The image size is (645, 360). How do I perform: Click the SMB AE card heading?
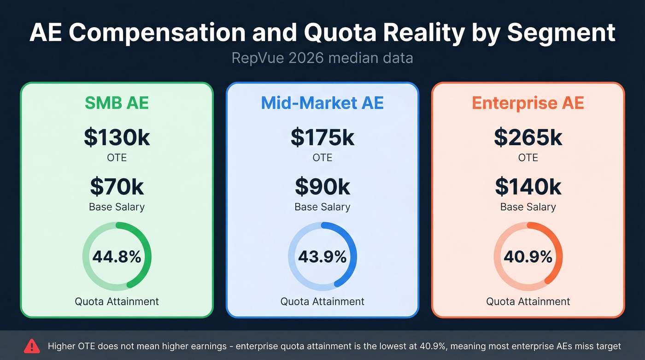click(117, 103)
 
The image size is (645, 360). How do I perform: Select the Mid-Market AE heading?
click(322, 103)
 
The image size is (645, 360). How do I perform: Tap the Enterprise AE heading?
click(528, 103)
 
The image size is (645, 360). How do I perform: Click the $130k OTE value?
click(117, 137)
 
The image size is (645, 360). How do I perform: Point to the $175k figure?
click(322, 137)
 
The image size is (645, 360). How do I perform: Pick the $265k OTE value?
click(528, 137)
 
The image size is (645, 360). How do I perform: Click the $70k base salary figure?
click(117, 187)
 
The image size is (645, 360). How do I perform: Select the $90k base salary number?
click(322, 187)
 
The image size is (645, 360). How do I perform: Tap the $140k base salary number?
click(528, 187)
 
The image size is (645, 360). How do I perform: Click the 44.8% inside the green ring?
click(117, 257)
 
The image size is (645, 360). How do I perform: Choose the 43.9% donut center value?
click(322, 257)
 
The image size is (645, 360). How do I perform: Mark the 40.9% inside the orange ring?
click(528, 257)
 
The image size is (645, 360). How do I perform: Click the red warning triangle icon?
click(32, 345)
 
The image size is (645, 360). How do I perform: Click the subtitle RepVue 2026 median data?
click(322, 59)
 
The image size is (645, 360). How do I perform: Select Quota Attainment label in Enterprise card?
click(528, 301)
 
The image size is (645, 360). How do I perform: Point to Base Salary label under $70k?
click(117, 207)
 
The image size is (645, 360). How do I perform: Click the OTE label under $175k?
click(322, 158)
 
